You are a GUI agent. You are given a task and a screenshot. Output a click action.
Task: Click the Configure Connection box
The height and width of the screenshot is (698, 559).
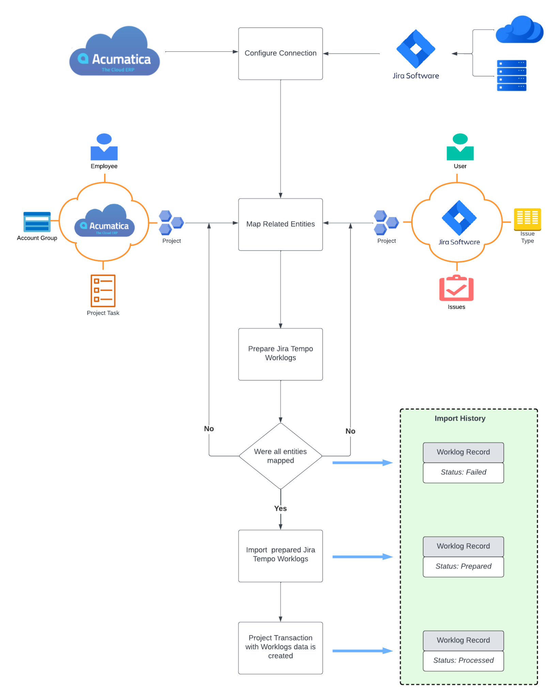coord(280,54)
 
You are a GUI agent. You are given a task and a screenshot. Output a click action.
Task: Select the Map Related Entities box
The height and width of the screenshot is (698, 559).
coord(280,224)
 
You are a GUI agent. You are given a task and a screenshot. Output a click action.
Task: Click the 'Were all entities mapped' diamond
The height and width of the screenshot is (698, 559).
coord(280,455)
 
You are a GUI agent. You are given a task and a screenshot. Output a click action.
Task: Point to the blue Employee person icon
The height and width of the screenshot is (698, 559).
coord(104,147)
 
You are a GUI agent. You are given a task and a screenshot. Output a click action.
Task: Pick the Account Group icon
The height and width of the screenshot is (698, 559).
coord(37,222)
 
